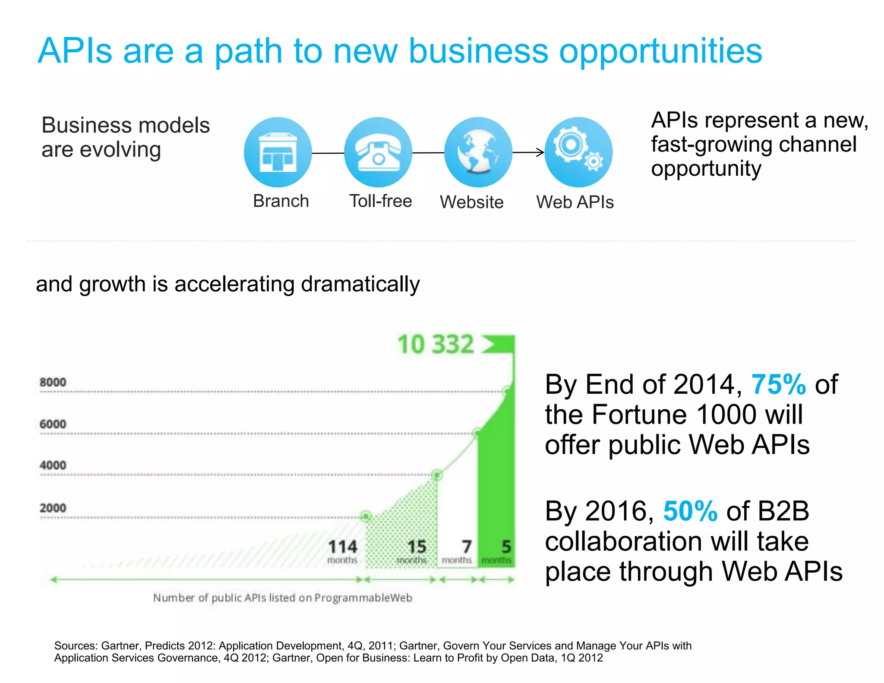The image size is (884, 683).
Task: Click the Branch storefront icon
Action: [278, 152]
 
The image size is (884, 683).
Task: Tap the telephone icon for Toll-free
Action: [378, 152]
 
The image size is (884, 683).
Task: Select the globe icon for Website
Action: [478, 152]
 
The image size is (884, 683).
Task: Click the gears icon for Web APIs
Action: [578, 152]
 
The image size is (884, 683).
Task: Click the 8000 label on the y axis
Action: [53, 382]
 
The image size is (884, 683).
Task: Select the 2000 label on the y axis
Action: [53, 508]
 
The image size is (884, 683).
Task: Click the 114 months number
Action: [342, 547]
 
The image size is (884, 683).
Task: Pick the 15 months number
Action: [417, 547]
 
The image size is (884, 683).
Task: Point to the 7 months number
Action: [466, 547]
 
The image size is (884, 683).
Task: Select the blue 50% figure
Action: [690, 511]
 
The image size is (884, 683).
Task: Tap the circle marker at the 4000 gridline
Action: [436, 475]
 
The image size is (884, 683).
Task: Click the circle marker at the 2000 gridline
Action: [366, 516]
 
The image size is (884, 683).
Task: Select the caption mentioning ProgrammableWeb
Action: [283, 598]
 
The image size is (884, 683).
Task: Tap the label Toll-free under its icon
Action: [380, 201]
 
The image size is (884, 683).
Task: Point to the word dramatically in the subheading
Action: [360, 284]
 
